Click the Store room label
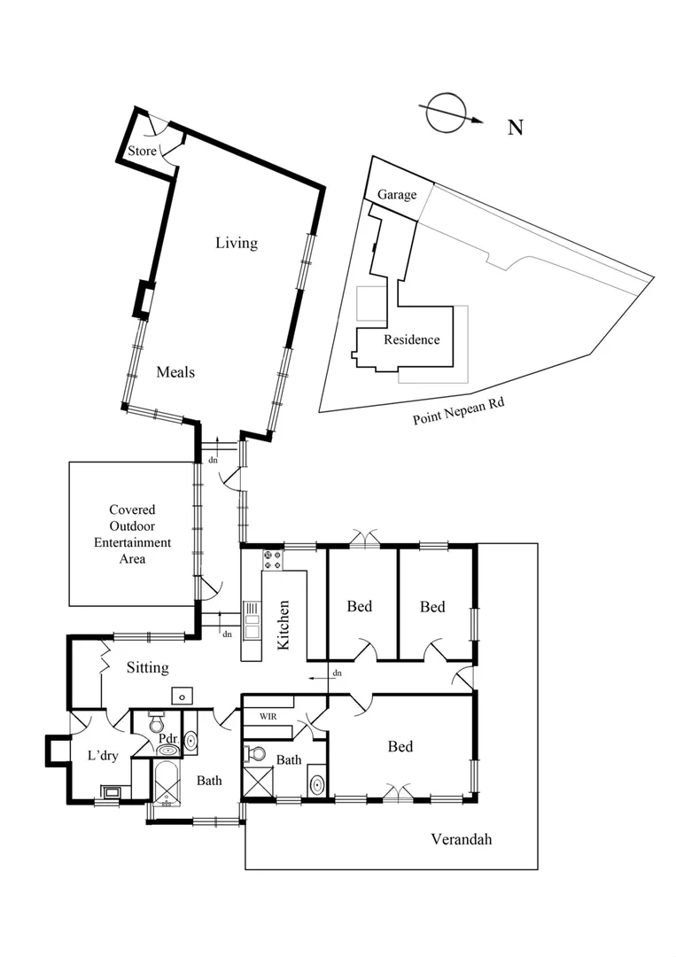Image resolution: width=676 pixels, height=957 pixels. coord(142,152)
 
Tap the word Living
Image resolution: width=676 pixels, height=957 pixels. coord(237,243)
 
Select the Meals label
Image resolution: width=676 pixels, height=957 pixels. coord(175,372)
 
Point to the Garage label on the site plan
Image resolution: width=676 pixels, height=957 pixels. coord(397,195)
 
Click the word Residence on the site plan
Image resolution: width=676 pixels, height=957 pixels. coord(411,339)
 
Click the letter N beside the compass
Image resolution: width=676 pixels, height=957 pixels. coord(515,128)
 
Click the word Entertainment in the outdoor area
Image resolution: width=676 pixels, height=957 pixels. coord(132,542)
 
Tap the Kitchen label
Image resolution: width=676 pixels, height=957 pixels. coord(284,626)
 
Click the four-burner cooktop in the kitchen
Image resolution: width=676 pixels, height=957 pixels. coord(272,560)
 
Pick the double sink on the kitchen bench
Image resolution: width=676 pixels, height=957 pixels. coord(252,620)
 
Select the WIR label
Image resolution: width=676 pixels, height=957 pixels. coord(268,715)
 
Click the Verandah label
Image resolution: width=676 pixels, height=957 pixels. coord(461,839)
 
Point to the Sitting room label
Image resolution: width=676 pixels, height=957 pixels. coord(147,667)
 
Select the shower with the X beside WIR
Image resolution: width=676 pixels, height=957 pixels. coord(259,784)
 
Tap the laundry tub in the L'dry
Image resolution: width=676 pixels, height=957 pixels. coord(113,793)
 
